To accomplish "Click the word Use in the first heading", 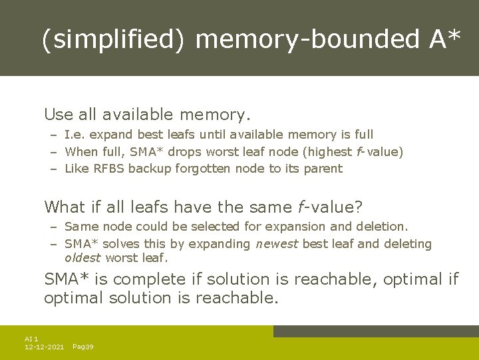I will coord(58,115).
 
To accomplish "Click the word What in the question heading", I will coord(65,207).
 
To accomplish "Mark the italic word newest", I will coord(277,244).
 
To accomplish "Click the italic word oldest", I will coord(82,258).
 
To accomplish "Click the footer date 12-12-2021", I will coord(44,347).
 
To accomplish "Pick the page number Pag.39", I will coord(82,347).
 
